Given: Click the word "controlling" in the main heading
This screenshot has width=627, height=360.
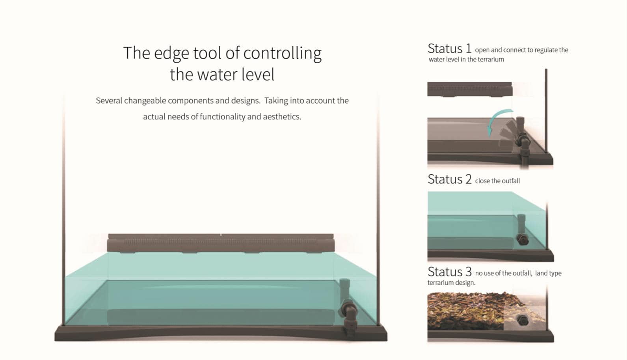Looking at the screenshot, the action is click(x=283, y=53).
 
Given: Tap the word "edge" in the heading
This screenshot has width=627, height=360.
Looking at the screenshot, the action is click(x=171, y=53).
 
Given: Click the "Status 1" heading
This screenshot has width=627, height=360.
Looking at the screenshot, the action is click(x=450, y=49).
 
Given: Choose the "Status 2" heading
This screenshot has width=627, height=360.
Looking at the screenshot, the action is click(x=450, y=179).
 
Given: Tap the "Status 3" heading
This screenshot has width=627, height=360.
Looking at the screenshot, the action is click(x=450, y=272).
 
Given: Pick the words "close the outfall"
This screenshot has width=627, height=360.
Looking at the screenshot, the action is click(x=497, y=181).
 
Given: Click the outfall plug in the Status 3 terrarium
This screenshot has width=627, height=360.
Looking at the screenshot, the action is click(x=522, y=320).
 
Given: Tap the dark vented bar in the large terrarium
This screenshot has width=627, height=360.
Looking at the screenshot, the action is click(x=221, y=243).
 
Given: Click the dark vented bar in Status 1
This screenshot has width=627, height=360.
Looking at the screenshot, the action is click(x=470, y=90).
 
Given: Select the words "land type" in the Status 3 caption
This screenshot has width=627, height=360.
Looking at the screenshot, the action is click(x=548, y=273).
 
